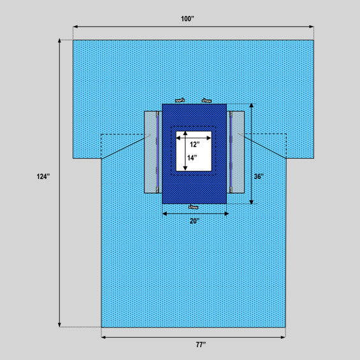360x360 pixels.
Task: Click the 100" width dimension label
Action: coord(187,19)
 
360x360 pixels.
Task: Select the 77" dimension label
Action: coord(201,345)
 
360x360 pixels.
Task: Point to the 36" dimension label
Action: coord(259,176)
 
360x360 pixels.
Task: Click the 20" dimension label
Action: coord(194,221)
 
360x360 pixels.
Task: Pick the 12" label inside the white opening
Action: coord(194,145)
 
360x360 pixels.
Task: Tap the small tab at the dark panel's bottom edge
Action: coord(194,206)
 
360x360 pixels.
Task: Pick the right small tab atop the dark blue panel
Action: coord(206,100)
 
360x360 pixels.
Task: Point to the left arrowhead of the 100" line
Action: coord(75,27)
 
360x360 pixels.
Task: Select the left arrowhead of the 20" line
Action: coord(165,213)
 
